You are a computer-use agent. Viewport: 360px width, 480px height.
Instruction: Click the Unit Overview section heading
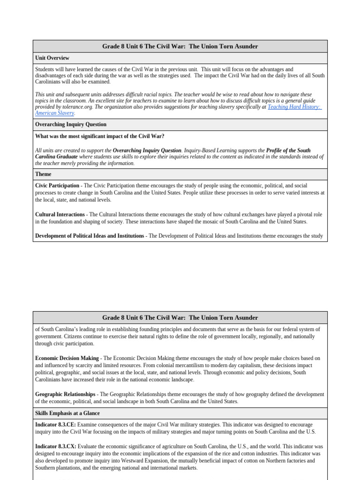pos(52,58)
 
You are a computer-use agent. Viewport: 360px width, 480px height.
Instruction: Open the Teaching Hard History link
pos(294,107)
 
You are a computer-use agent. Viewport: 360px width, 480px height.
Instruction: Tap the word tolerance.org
pos(74,107)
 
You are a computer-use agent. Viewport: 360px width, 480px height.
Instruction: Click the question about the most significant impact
pos(100,136)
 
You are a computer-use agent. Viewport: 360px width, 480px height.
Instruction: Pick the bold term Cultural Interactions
pos(60,215)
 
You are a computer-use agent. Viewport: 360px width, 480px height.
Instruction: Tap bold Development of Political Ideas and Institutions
pos(90,236)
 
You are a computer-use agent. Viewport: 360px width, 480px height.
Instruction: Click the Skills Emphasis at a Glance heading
pos(67,413)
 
